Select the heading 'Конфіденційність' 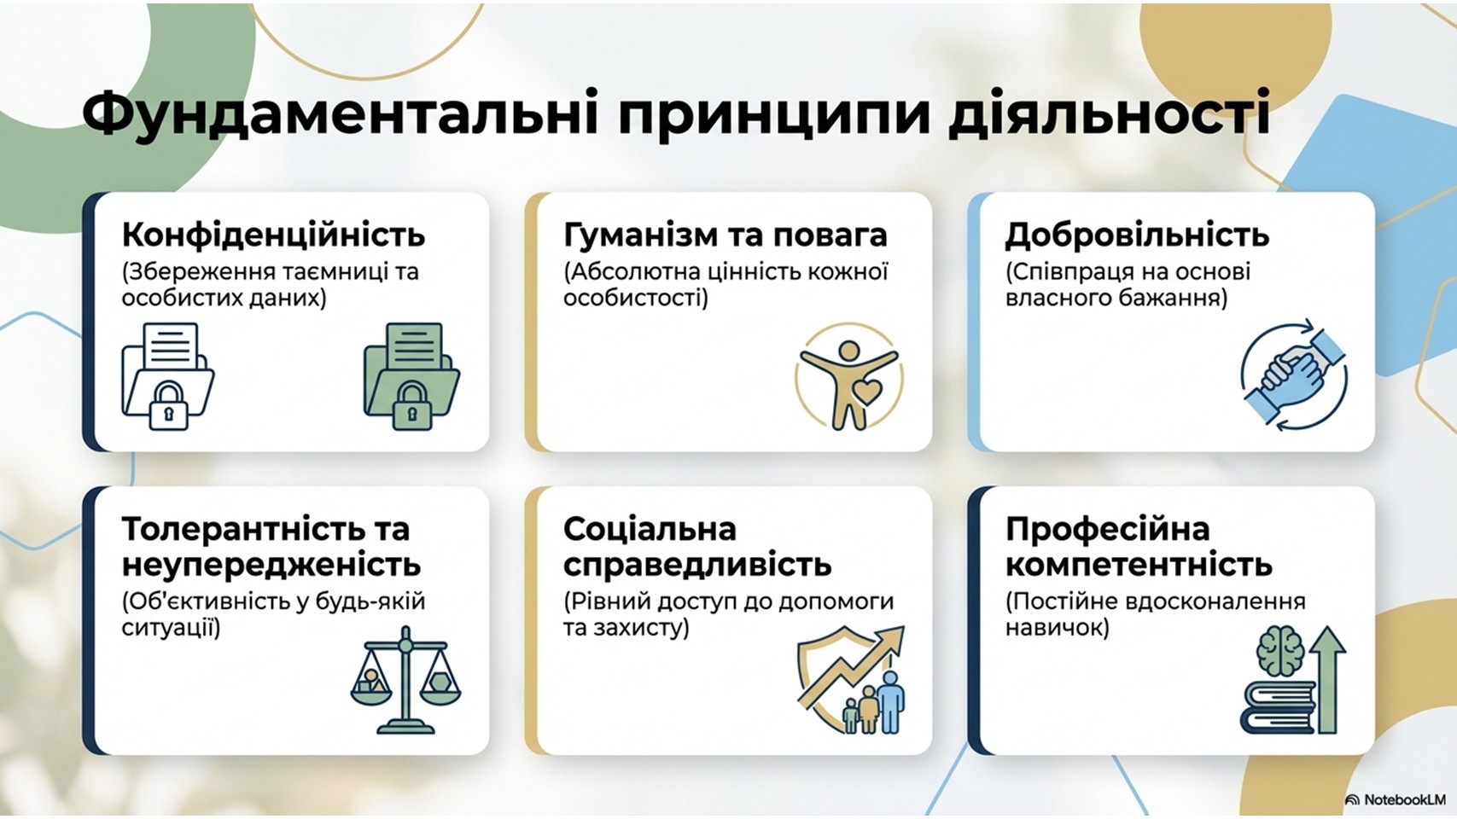click(x=273, y=235)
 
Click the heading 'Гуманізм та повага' click(x=726, y=235)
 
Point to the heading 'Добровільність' click(x=1137, y=235)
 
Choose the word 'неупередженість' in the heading click(x=271, y=565)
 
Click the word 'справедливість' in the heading click(x=697, y=565)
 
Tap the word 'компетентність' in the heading click(x=1139, y=564)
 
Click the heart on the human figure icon click(x=867, y=392)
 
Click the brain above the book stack click(x=1280, y=650)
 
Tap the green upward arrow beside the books click(x=1328, y=680)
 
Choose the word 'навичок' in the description click(x=1057, y=628)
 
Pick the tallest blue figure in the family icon click(x=889, y=701)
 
